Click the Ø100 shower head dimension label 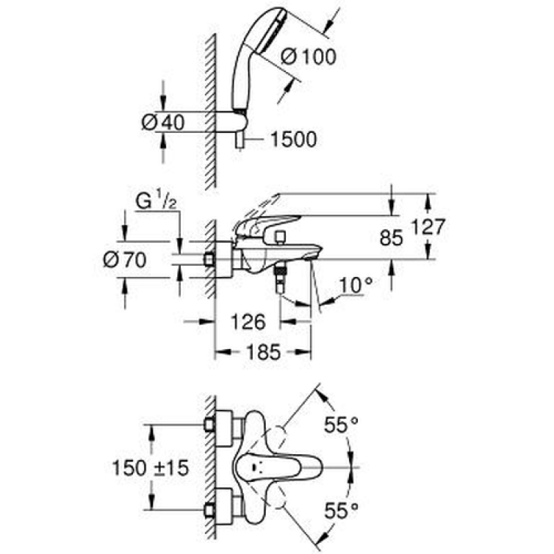pos(308,57)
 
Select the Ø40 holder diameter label pos(163,123)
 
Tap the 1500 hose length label pos(294,139)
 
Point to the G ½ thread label pos(156,199)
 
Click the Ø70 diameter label pos(125,260)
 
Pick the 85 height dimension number pos(391,238)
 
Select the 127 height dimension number pos(428,226)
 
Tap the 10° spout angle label pos(356,285)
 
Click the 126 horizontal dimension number pos(248,322)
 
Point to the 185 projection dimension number pos(264,352)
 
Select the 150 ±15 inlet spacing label pos(150,468)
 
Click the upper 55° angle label pos(341,425)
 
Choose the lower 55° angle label pos(341,510)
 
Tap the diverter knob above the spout pos(281,238)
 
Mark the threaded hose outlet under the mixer pos(281,279)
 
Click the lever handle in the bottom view pos(278,467)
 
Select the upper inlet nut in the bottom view pos(209,425)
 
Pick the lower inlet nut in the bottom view pos(209,510)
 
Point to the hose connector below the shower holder pos(240,141)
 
